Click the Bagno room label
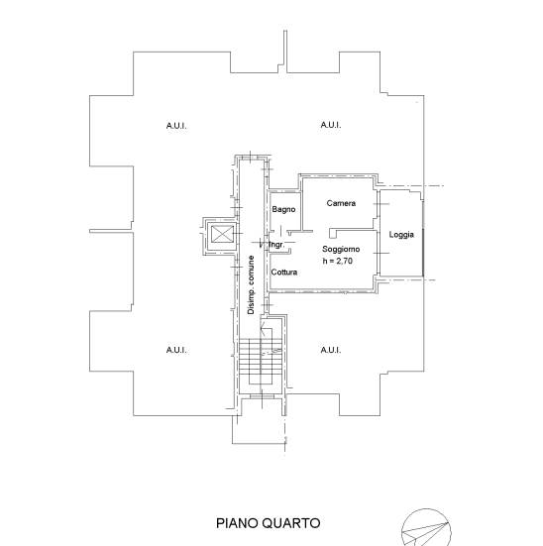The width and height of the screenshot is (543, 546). point(283,209)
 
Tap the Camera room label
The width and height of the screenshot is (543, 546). point(341,203)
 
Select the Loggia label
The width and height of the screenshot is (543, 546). point(401,235)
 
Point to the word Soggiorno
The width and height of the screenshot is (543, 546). point(341,249)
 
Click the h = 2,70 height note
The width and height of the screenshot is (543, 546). point(338,261)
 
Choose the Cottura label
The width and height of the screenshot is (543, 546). point(284,272)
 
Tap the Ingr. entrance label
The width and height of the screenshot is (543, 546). point(276,245)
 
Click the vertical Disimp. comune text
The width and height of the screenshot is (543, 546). point(251,285)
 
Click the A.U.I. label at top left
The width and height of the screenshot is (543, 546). point(176,126)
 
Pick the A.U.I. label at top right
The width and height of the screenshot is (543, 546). point(331,124)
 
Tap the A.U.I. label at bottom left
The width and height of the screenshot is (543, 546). point(176,350)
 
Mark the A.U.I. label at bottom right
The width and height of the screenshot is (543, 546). point(331,350)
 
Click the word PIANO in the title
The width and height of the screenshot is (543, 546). point(237,523)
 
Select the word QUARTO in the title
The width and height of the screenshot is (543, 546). point(291,523)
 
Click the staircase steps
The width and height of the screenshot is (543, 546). point(260,362)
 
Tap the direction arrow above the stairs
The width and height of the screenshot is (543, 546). point(264,328)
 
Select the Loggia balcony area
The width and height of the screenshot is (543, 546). point(400,233)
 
